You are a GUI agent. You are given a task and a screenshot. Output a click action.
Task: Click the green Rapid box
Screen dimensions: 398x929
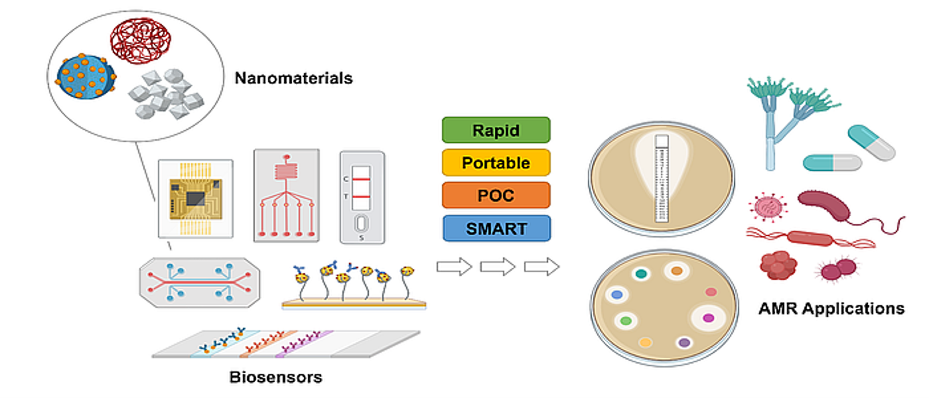pos(496,130)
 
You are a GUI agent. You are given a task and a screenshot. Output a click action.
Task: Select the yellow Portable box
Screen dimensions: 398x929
pos(496,163)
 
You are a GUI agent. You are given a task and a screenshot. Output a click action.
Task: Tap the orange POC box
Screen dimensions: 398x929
pos(496,195)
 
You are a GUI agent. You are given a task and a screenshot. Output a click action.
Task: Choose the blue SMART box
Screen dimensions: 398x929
pos(496,228)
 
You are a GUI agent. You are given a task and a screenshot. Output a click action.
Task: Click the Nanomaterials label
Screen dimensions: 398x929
pos(293,78)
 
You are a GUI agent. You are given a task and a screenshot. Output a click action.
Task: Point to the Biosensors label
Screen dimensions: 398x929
pos(275,377)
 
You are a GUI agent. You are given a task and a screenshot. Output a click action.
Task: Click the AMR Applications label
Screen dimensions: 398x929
pos(831,308)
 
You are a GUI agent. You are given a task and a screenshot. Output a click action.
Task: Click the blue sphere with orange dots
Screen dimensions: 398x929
pos(86,77)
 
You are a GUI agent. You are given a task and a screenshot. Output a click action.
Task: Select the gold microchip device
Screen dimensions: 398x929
pos(195,198)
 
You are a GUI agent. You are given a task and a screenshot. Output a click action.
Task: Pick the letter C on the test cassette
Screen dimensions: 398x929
pos(346,179)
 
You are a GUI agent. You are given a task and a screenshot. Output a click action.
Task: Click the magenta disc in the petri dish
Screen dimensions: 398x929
pos(708,318)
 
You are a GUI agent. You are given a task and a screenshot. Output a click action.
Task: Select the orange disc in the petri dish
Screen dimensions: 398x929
pos(676,271)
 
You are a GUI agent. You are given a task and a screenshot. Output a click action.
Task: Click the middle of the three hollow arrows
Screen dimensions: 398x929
pos(498,267)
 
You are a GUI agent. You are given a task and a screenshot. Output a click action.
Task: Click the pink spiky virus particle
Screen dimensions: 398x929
pos(770,207)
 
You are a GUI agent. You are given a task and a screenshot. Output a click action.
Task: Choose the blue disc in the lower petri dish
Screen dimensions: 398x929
pos(616,294)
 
